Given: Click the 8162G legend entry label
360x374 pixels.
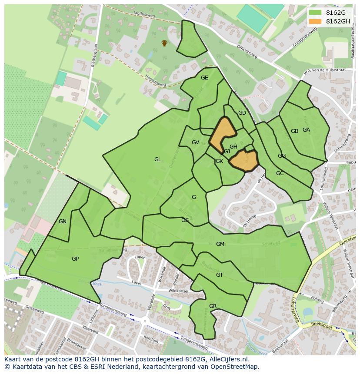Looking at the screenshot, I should tap(336, 13).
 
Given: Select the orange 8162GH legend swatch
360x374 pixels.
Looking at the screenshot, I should tap(315, 21).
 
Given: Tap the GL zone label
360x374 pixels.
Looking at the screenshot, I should tap(157, 159).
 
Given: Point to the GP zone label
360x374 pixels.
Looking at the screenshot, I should tap(75, 259).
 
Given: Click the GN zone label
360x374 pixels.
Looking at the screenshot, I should tap(63, 222).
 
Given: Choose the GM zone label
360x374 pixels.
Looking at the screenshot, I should tap(220, 244).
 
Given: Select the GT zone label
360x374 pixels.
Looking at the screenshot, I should tap(220, 275).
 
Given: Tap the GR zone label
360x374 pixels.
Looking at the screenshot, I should tap(213, 306).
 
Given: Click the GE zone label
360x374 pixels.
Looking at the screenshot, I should tap(204, 78).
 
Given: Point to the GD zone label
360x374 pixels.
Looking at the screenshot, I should tap(242, 113).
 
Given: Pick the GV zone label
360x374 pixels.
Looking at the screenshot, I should tap(195, 142).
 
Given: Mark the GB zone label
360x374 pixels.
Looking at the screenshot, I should tap(294, 131).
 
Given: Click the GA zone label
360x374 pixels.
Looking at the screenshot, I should tap(306, 130).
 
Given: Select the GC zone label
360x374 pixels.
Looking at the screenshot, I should tap(280, 173).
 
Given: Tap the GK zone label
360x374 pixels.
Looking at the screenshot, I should tap(219, 161).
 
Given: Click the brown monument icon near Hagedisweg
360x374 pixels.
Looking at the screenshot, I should tap(164, 43).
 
